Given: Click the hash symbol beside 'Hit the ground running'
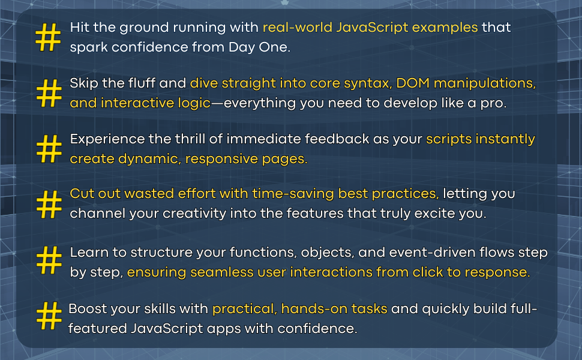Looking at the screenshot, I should coord(49,37).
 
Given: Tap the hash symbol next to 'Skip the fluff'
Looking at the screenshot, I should coord(49,93).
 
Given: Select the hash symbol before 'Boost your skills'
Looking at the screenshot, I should coord(49,317).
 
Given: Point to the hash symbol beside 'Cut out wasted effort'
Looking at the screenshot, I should coord(49,205).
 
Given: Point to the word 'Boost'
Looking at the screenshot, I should coord(88,309).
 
